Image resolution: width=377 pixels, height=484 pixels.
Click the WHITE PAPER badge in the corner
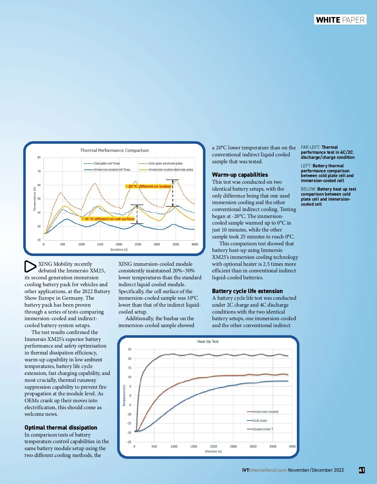[340, 20]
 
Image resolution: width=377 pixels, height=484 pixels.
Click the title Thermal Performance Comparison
[114, 150]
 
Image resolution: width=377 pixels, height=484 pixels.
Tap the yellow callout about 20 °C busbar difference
[149, 186]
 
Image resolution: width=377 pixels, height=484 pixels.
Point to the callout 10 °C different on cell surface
[108, 219]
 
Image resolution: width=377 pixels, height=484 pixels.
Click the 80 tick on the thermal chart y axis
[39, 157]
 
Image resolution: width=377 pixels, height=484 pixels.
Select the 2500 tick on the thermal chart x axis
[138, 244]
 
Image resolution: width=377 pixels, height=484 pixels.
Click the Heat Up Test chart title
[208, 342]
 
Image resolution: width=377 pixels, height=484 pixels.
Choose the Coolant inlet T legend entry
[263, 429]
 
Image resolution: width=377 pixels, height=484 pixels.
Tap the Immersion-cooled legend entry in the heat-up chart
[265, 412]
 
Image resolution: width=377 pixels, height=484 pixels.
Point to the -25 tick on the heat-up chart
[129, 442]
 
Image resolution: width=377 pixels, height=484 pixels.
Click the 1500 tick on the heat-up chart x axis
[194, 447]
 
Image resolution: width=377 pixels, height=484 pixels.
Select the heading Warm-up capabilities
[240, 175]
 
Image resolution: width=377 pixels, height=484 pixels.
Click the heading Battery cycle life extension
[247, 291]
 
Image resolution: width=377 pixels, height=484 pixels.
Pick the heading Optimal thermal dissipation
[61, 428]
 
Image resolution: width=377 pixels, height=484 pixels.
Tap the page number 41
[362, 470]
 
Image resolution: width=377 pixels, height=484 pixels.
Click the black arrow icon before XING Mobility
[30, 266]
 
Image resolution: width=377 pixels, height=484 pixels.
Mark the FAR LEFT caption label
[310, 147]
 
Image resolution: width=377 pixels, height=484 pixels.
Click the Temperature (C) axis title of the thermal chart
[35, 199]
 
